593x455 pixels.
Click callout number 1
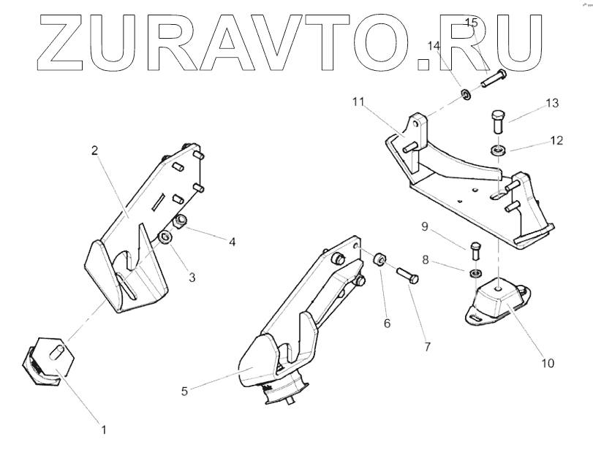(x=104, y=430)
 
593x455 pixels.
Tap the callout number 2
(x=94, y=151)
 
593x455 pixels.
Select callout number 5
(x=185, y=391)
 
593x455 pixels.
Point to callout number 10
(x=546, y=362)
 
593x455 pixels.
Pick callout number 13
(x=551, y=104)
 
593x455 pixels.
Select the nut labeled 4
(x=181, y=221)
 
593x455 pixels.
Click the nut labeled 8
(x=474, y=273)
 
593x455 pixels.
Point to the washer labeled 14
(x=464, y=94)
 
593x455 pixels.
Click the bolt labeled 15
(x=494, y=79)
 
